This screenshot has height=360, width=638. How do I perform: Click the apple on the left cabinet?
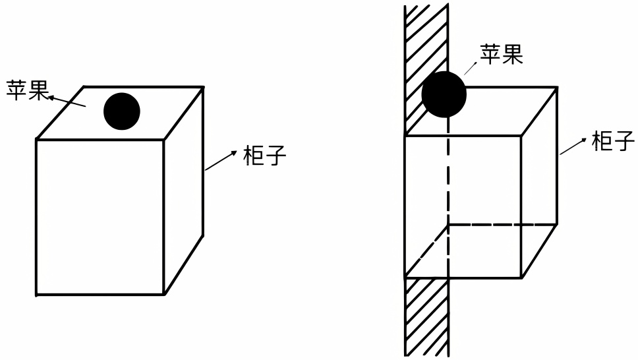tap(122, 111)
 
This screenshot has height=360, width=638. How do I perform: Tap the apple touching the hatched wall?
tap(444, 94)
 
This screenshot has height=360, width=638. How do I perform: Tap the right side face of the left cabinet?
tap(183, 191)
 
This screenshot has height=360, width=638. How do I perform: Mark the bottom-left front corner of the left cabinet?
tap(36, 294)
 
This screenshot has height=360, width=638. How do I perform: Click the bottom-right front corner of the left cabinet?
tap(163, 294)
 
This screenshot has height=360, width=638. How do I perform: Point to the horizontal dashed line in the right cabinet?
tap(501, 225)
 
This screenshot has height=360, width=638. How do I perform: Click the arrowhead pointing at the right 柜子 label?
tap(585, 140)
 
